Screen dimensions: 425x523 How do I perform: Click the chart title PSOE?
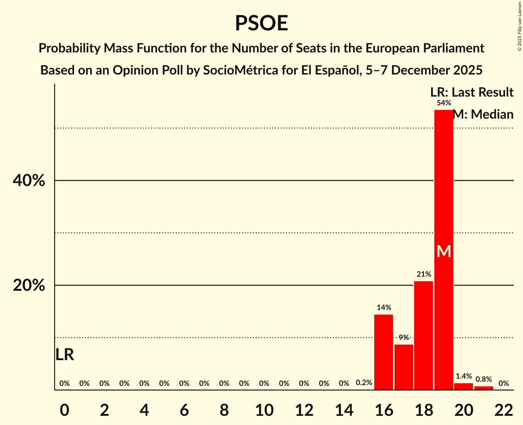click(261, 23)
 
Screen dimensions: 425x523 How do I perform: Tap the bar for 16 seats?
click(384, 352)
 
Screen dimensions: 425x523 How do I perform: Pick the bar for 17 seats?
click(404, 367)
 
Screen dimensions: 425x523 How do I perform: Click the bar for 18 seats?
click(423, 335)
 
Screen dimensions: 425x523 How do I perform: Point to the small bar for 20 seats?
click(463, 387)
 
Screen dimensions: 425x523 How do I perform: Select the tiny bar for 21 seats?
click(484, 388)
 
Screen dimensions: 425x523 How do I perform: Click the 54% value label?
click(444, 103)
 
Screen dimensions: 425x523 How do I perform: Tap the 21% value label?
click(423, 274)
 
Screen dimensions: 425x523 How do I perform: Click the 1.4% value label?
click(463, 376)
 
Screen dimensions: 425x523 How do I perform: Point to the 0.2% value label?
click(364, 383)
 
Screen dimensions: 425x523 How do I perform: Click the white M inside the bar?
click(444, 251)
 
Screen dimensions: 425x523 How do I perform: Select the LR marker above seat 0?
click(64, 355)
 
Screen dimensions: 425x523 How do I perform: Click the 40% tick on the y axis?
click(28, 181)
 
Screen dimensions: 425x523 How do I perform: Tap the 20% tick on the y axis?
click(28, 286)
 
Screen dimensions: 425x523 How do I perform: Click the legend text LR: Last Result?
click(472, 92)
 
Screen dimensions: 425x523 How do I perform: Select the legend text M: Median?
click(483, 114)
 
